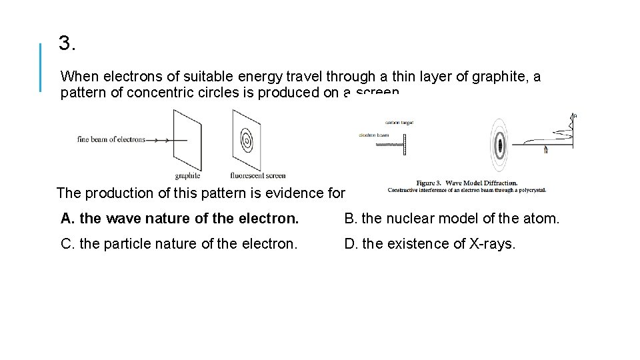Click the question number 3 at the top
click(x=67, y=44)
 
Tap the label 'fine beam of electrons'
click(x=111, y=139)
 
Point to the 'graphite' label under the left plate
click(x=187, y=176)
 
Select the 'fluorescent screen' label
click(x=257, y=176)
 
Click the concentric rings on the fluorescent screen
click(x=247, y=141)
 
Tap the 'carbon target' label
click(x=399, y=123)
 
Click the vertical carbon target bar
click(x=403, y=144)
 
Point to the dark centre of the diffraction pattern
click(x=499, y=143)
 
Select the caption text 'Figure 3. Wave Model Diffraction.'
click(x=467, y=183)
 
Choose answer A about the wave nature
click(x=179, y=218)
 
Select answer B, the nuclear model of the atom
click(x=451, y=218)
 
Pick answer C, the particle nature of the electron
click(x=179, y=244)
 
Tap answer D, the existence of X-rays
click(x=429, y=244)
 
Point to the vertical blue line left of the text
click(x=41, y=67)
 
